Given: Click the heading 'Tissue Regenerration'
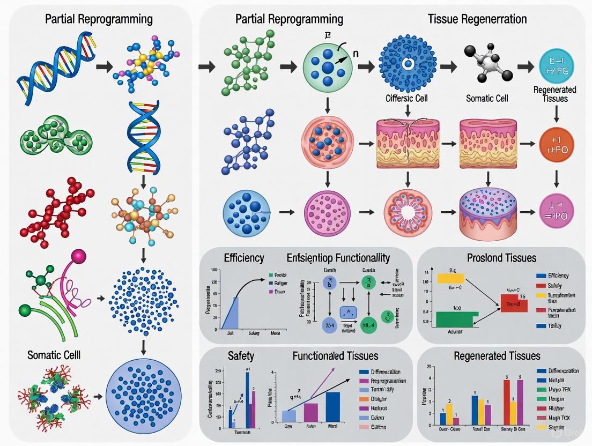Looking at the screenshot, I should point(477,19).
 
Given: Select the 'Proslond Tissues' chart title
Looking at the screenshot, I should point(501,258).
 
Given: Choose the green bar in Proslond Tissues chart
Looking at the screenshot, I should point(454,318).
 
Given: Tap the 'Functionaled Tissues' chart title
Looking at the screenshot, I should point(335,355).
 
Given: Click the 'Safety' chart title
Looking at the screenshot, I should point(241,355).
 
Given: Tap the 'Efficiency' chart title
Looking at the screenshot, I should point(244,258).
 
